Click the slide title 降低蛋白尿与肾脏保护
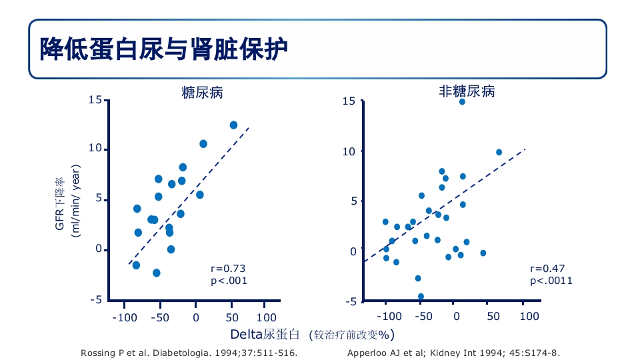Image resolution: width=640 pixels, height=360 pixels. tap(163, 49)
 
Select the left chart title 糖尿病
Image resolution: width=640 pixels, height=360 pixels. tap(202, 93)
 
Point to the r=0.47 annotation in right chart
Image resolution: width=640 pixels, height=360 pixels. tap(547, 268)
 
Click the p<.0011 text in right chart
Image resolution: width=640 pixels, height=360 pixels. tap(551, 281)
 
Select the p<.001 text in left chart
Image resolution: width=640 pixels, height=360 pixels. tap(229, 281)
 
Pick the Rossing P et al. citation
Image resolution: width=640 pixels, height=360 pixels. tap(189, 352)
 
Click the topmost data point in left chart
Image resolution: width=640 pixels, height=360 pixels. tap(233, 125)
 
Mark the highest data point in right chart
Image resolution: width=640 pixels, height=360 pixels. tap(462, 101)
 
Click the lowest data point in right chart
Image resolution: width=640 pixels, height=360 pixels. tap(421, 296)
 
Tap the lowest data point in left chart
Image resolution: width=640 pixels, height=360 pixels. tap(157, 273)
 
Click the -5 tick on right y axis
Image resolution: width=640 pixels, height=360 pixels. tap(350, 301)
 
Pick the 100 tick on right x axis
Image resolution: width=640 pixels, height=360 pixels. tap(529, 317)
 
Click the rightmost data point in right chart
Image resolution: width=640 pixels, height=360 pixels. tap(499, 152)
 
